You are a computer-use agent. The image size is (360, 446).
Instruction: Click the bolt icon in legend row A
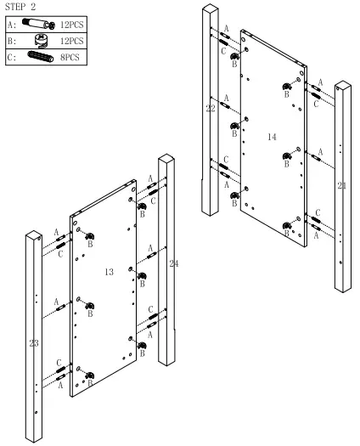pyautogui.click(x=39, y=25)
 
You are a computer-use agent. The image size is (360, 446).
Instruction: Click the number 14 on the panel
pyautogui.click(x=273, y=136)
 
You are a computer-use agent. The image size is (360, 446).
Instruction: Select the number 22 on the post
pyautogui.click(x=211, y=109)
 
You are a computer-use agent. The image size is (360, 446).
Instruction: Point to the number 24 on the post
pyautogui.click(x=174, y=263)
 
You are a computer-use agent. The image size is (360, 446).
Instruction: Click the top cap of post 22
pyautogui.click(x=210, y=10)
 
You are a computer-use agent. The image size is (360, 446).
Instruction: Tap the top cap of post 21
pyautogui.click(x=342, y=87)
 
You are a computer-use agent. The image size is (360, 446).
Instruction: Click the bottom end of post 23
pyautogui.click(x=36, y=435)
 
